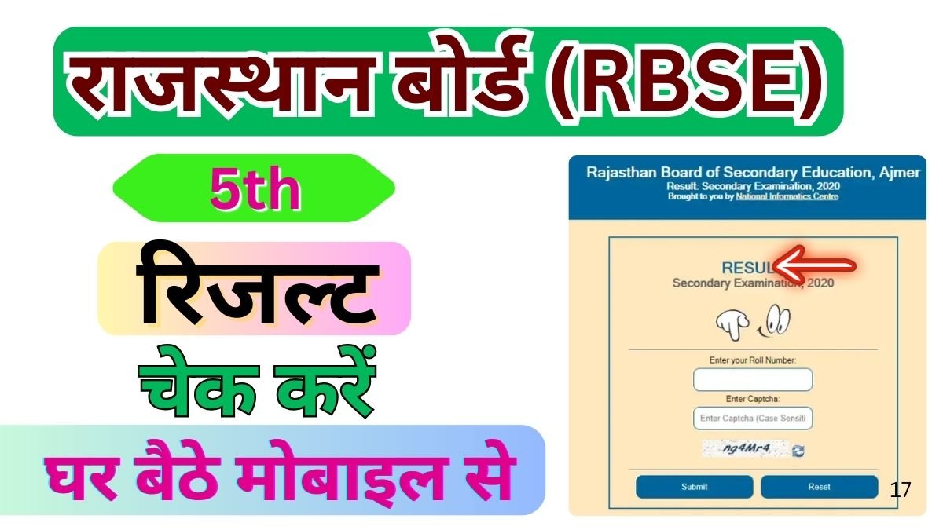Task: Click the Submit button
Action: (694, 487)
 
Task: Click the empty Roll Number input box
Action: (752, 380)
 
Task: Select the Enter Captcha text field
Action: (752, 419)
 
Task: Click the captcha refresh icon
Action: (798, 451)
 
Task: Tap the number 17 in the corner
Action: (901, 490)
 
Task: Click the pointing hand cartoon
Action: (731, 323)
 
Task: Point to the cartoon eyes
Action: (778, 320)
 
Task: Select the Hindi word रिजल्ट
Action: (254, 289)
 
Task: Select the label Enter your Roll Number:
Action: (752, 360)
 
